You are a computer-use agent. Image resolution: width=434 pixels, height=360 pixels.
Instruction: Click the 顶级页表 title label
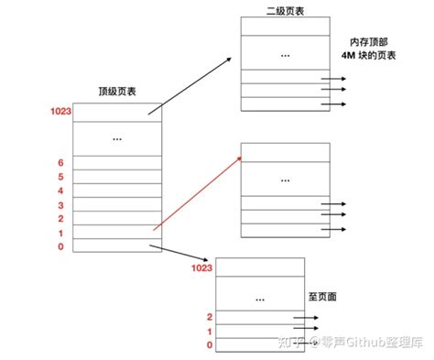[x=119, y=93]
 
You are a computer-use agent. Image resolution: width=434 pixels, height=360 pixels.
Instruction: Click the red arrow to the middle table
[x=196, y=193]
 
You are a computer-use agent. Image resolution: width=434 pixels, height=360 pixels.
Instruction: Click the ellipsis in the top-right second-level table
[x=285, y=57]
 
